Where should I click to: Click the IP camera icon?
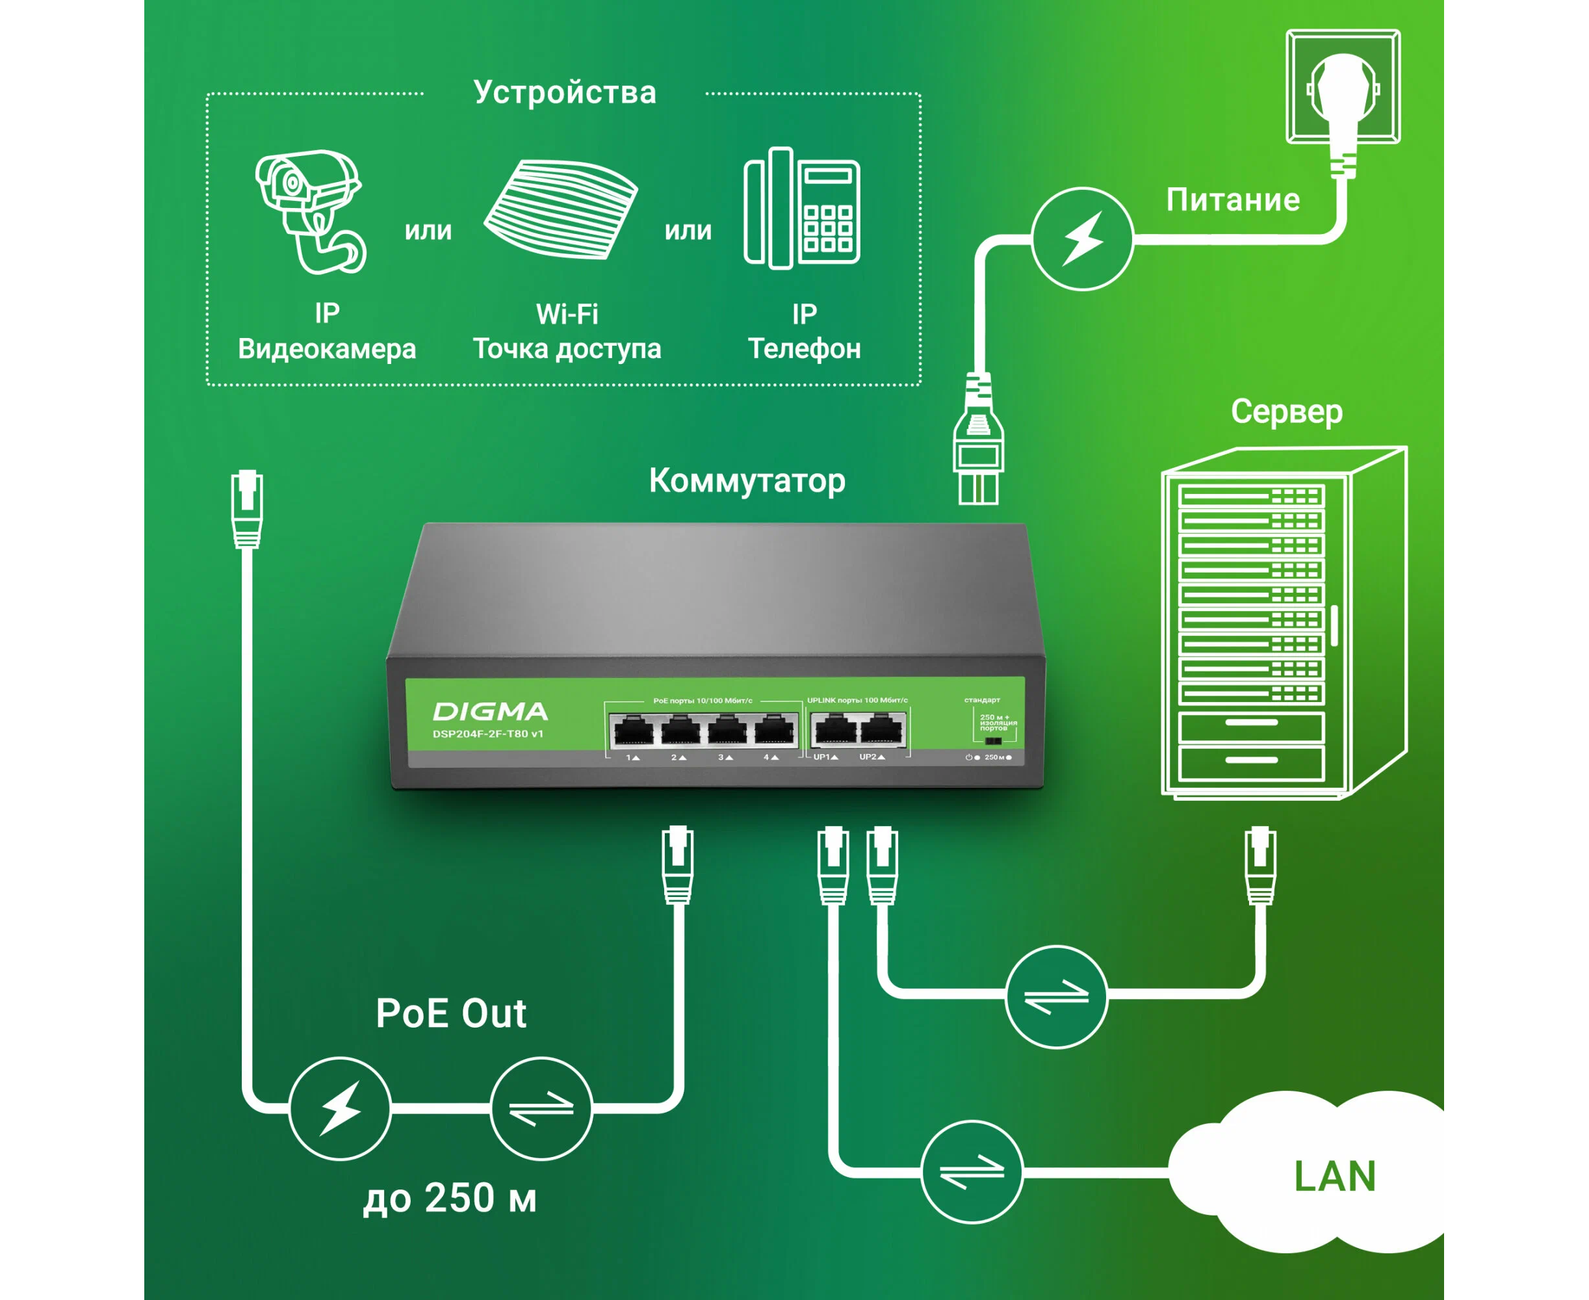pos(311,211)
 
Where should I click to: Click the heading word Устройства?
pos(565,93)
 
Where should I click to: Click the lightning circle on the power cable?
pos(1082,239)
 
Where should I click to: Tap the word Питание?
pos(1233,200)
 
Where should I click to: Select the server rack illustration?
pos(1284,621)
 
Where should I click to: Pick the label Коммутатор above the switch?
pos(747,481)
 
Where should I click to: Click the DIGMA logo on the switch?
pos(491,710)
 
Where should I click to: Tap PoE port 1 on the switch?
pos(634,730)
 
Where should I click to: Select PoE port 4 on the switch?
pos(775,729)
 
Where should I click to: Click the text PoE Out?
pos(451,1014)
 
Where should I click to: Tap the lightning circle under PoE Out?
pos(340,1108)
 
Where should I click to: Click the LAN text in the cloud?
pos(1334,1176)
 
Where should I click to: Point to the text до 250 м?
pos(450,1198)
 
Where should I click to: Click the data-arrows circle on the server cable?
pos(1056,996)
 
